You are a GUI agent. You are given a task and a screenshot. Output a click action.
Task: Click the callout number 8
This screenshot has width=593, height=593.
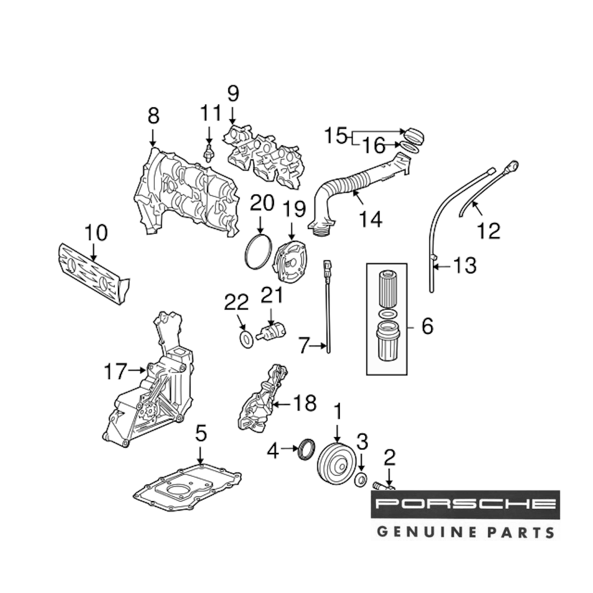(153, 115)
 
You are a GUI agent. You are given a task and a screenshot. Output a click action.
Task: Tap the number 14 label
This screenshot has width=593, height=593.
(370, 219)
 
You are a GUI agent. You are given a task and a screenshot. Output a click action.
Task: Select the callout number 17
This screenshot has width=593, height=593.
(115, 372)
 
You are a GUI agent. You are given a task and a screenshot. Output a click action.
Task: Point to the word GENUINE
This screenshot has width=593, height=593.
(423, 531)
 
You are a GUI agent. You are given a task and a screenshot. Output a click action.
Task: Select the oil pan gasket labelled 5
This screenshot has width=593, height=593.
(187, 492)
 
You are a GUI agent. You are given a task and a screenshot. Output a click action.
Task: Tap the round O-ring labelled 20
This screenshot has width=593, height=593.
(259, 252)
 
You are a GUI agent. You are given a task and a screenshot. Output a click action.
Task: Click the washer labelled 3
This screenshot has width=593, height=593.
(360, 480)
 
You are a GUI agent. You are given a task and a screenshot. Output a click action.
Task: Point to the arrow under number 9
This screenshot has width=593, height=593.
(232, 117)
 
